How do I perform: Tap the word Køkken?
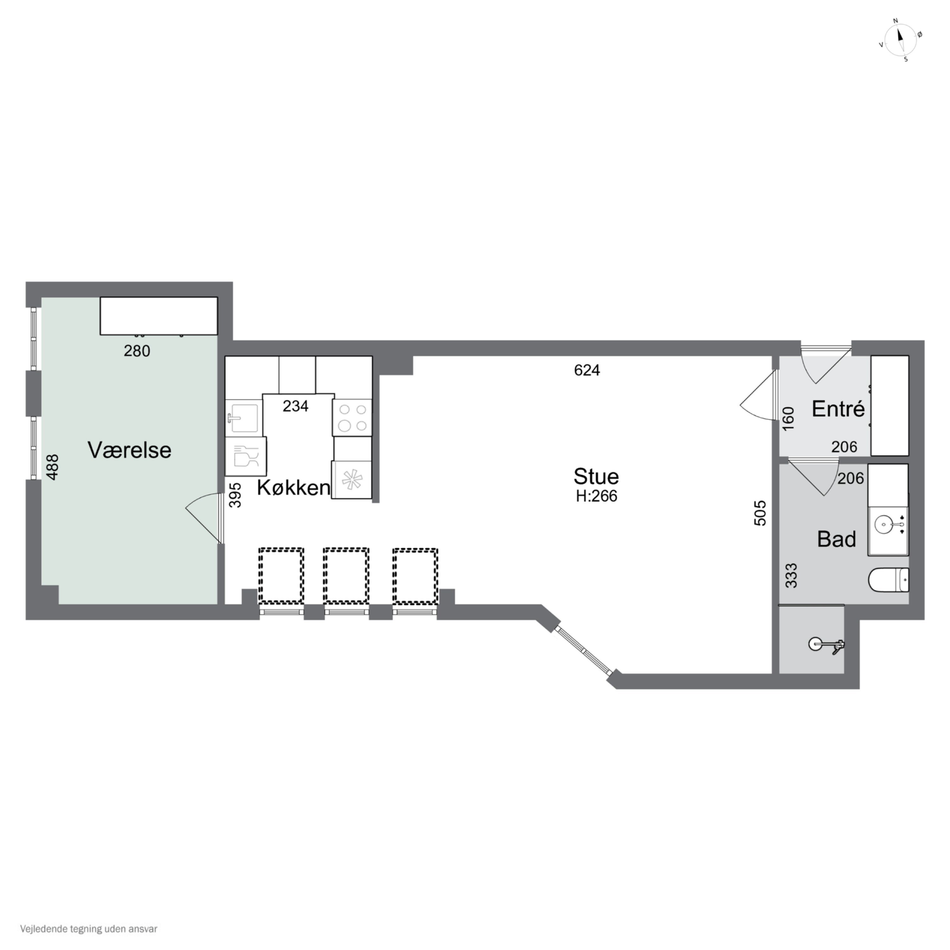point(294,487)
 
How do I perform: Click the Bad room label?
point(836,539)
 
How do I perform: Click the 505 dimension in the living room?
point(760,513)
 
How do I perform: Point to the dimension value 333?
point(791,575)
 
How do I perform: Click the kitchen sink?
point(244,418)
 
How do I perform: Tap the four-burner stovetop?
point(352,417)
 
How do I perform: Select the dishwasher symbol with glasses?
point(245,456)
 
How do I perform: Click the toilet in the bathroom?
point(889,580)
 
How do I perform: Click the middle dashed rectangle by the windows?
point(346,576)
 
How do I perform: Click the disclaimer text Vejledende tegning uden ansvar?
point(89,929)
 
